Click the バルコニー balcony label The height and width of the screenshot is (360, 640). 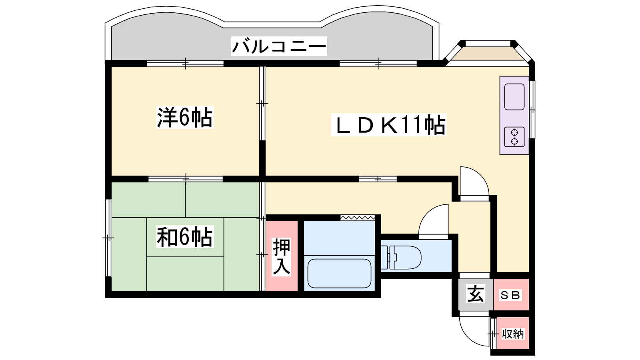tap(279, 46)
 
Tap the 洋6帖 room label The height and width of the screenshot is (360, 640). tap(185, 117)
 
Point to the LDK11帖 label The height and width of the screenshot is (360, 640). tap(389, 125)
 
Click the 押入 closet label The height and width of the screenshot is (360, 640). tap(282, 256)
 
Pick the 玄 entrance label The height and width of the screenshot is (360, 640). tap(476, 294)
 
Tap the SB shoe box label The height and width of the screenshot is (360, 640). tap(510, 295)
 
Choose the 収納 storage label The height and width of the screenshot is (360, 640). tap(513, 334)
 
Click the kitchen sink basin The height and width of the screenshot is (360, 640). tap(514, 97)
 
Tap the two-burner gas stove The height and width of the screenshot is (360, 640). tap(514, 137)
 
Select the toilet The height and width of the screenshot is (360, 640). tap(401, 258)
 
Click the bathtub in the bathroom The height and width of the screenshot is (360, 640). tap(339, 274)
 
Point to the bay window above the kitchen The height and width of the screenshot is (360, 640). tap(488, 53)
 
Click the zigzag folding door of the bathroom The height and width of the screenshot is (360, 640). tap(358, 218)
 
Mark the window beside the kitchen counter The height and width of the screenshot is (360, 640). tap(532, 110)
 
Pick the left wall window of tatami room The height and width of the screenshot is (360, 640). tap(108, 238)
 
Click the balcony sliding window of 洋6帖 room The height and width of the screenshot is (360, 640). tap(185, 63)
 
